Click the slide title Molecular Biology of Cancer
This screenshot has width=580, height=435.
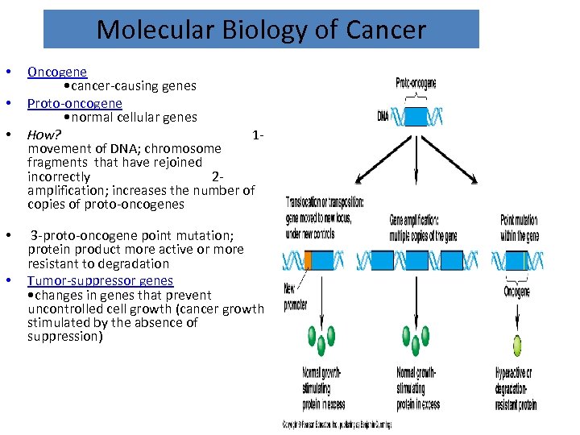pyautogui.click(x=261, y=30)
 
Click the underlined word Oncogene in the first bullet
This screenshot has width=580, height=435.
pyautogui.click(x=57, y=72)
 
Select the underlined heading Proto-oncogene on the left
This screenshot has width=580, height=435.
pyautogui.click(x=75, y=103)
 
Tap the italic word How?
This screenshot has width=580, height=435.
pyautogui.click(x=44, y=134)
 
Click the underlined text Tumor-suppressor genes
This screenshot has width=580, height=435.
pyautogui.click(x=100, y=280)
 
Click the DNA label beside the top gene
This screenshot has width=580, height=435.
pyautogui.click(x=383, y=116)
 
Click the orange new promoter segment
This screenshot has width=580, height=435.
pyautogui.click(x=308, y=260)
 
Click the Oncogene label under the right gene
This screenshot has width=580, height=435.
pyautogui.click(x=517, y=292)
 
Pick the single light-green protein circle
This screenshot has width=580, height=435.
pyautogui.click(x=517, y=346)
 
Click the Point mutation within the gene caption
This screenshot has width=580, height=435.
pyautogui.click(x=520, y=228)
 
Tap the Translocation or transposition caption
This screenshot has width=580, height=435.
pyautogui.click(x=325, y=217)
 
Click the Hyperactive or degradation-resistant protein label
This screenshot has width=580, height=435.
pyautogui.click(x=516, y=390)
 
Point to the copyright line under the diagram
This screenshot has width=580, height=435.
pyautogui.click(x=337, y=424)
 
